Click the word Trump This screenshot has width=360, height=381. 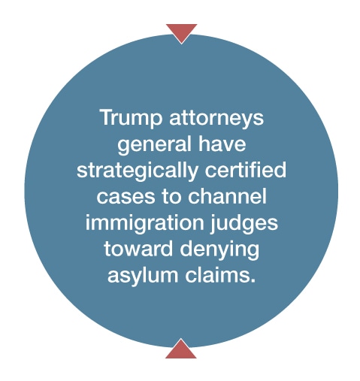coord(132,119)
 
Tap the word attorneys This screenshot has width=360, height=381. coord(216,119)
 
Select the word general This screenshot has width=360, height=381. coord(154,144)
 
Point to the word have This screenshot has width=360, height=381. coord(222,144)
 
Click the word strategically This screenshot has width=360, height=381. coord(138,171)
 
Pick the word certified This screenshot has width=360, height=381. coord(246,170)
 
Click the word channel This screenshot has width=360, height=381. coord(227,195)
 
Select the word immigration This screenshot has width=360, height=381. coord(145,222)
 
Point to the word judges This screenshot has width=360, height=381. coord(244,222)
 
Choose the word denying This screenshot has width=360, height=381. coord(219,249)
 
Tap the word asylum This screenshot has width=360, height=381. coord(143,275)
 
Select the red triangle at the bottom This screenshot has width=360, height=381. coord(181,349)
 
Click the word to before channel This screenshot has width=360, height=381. coord(171,196)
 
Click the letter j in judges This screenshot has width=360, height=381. coord(213,223)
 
